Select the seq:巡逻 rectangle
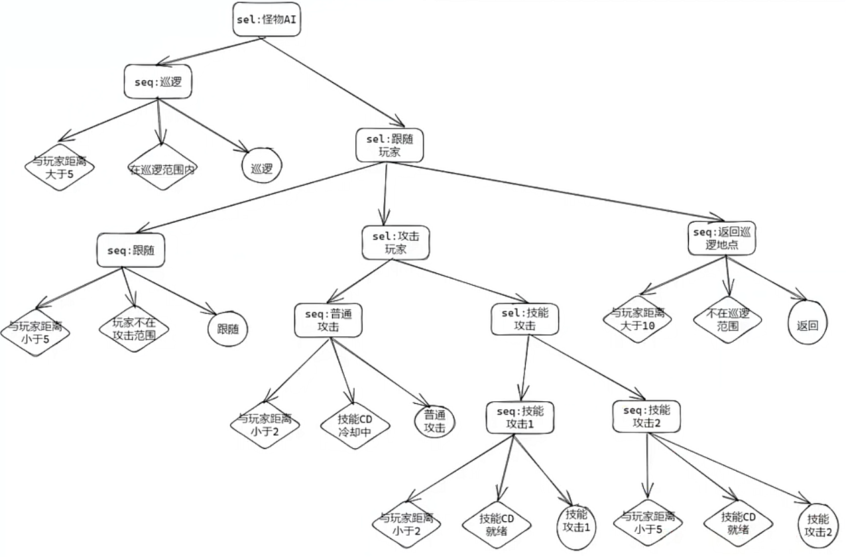pos(158,82)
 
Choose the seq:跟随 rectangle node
pos(131,250)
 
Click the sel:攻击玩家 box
pos(396,243)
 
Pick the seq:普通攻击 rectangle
pos(328,320)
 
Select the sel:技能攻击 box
pos(524,319)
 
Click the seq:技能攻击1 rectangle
pos(520,416)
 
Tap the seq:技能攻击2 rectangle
pos(646,416)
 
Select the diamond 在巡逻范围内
pos(162,168)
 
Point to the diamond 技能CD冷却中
pos(354,425)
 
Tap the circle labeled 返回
pos(808,322)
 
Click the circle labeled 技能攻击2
pos(817,525)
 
